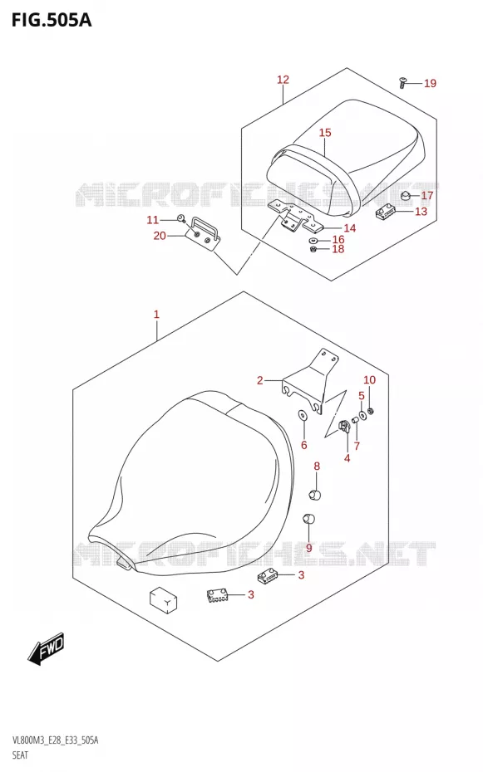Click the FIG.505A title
point(52,20)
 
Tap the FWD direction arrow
point(47,649)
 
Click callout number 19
point(431,83)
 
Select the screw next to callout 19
point(402,83)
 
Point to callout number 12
point(283,79)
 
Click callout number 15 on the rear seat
point(325,133)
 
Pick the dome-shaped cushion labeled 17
point(407,197)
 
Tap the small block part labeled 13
point(384,213)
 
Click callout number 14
point(349,228)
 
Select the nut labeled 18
point(313,249)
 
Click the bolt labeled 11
point(181,218)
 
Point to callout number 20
point(160,236)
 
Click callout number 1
point(156,314)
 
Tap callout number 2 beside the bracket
point(259,380)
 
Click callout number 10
point(370,379)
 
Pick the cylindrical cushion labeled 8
point(315,494)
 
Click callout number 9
point(309,548)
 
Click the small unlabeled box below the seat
point(164,599)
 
